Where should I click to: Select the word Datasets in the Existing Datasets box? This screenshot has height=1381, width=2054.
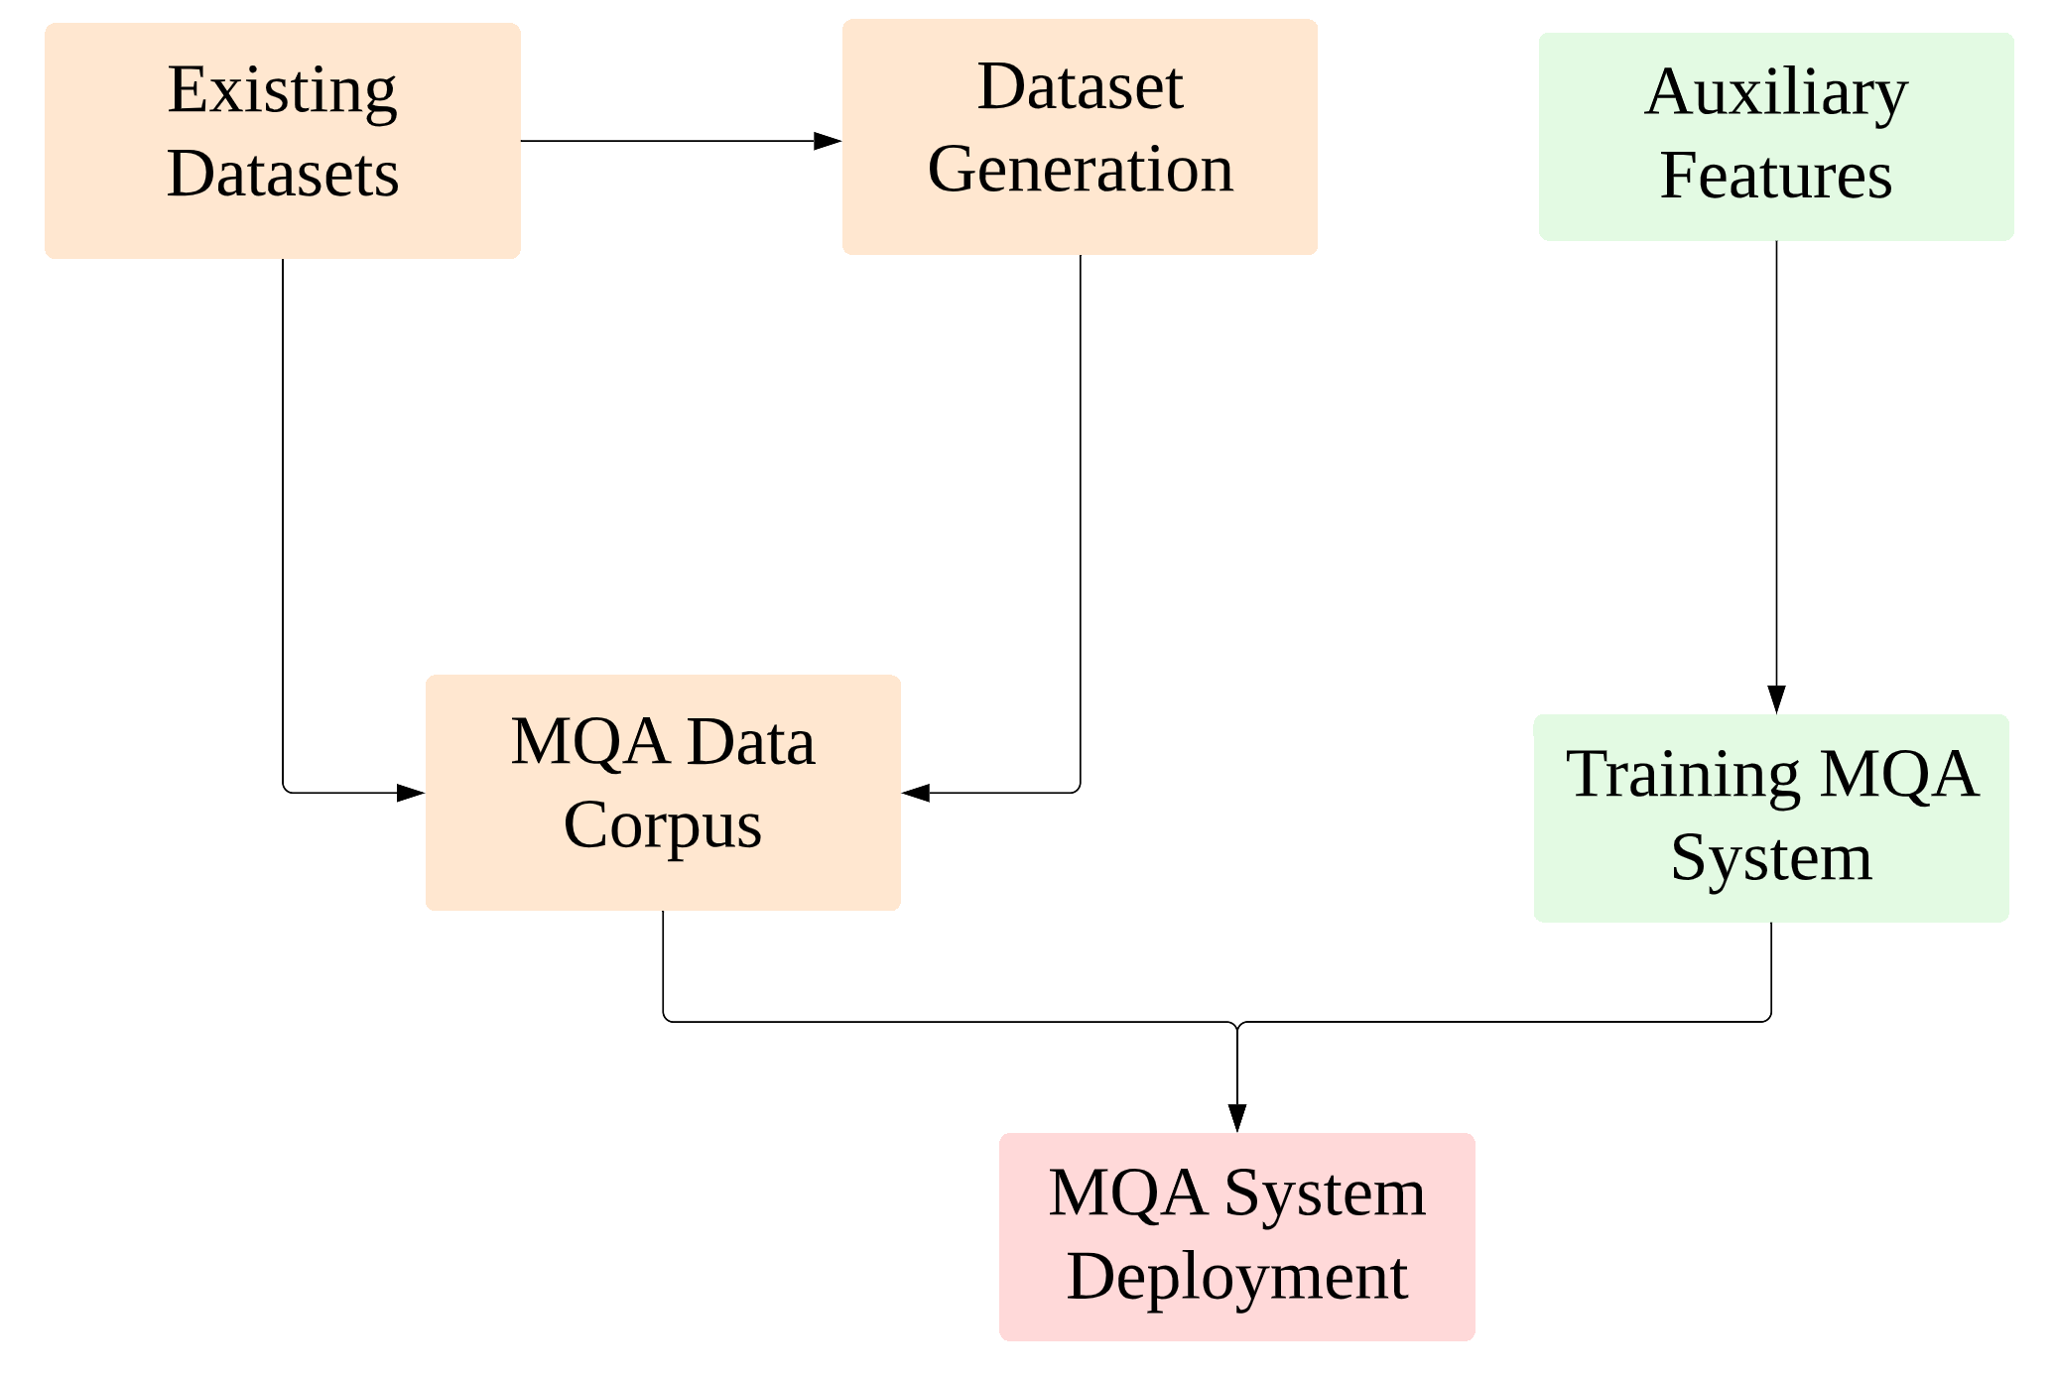pyautogui.click(x=283, y=175)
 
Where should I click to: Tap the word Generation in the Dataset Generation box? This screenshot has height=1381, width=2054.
pyautogui.click(x=1080, y=170)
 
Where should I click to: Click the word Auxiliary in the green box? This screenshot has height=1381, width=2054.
pyautogui.click(x=1776, y=93)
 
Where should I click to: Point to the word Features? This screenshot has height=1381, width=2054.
pyautogui.click(x=1776, y=177)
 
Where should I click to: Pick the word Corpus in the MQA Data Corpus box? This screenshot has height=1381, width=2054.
pyautogui.click(x=662, y=825)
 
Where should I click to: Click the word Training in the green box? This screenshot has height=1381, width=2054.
pyautogui.click(x=1682, y=775)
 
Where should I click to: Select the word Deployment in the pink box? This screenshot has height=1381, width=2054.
pyautogui.click(x=1236, y=1277)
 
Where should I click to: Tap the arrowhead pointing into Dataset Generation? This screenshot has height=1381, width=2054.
pyautogui.click(x=828, y=141)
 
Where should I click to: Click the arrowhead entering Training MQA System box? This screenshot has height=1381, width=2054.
pyautogui.click(x=1776, y=699)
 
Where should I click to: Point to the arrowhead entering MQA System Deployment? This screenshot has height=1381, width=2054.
pyautogui.click(x=1236, y=1118)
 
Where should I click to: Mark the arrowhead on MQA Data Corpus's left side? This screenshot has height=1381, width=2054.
pyautogui.click(x=411, y=793)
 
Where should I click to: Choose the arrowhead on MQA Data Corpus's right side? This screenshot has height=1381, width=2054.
pyautogui.click(x=916, y=793)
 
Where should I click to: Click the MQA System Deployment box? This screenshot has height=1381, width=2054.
pyautogui.click(x=1236, y=1236)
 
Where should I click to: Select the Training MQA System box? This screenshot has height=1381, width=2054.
pyautogui.click(x=1771, y=818)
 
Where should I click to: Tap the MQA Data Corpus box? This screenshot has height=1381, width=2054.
pyautogui.click(x=663, y=793)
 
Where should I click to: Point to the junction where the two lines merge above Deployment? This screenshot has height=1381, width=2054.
pyautogui.click(x=1236, y=1024)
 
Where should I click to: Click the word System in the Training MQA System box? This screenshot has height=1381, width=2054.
pyautogui.click(x=1771, y=858)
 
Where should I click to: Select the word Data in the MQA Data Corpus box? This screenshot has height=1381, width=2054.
pyautogui.click(x=751, y=742)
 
